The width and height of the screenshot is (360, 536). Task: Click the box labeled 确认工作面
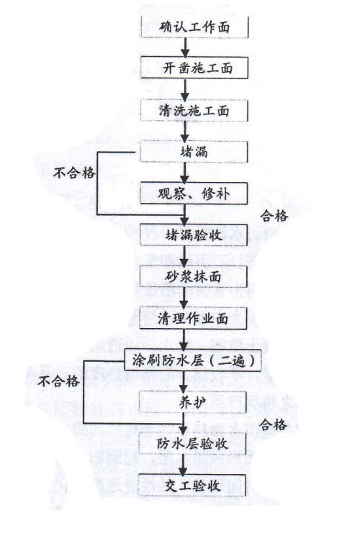tap(194, 27)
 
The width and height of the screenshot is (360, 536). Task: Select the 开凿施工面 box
tap(194, 68)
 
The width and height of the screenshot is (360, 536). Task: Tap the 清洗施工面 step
tap(194, 110)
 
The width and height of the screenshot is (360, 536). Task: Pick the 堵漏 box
tap(194, 151)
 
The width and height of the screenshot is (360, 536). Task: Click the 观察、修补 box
tap(194, 193)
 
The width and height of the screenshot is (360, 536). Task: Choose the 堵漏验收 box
tap(194, 235)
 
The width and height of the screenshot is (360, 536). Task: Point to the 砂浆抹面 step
tap(194, 276)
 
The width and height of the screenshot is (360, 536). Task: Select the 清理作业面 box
tap(194, 318)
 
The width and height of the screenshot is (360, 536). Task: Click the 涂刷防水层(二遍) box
tap(193, 360)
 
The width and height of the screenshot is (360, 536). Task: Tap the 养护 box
tap(193, 402)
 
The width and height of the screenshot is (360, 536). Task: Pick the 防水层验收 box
tap(193, 443)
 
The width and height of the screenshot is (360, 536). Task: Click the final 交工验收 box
tap(192, 486)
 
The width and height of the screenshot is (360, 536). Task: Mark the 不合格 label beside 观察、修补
tap(74, 173)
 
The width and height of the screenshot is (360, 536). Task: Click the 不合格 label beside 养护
tap(58, 381)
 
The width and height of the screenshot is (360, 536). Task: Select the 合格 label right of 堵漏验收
tap(274, 216)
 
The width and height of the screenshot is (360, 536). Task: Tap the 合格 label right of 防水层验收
tap(273, 425)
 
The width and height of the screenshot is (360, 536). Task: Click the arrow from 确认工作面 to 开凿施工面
tap(185, 47)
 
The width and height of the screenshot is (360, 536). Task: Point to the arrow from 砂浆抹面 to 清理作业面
tap(184, 297)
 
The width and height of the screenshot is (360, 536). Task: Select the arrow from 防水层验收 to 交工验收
tap(183, 465)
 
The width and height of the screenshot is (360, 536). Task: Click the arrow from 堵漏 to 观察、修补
tap(185, 173)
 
